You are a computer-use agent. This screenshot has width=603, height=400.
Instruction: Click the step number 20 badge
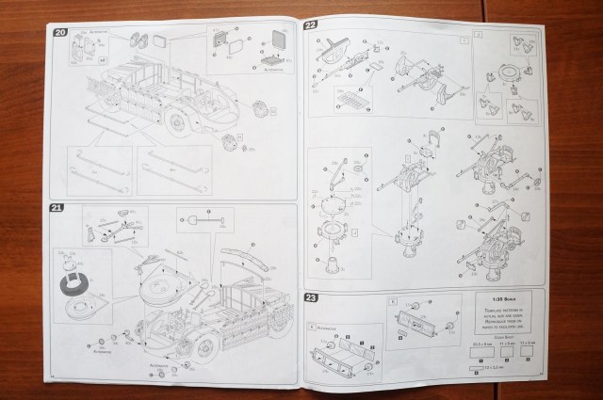point(60,33)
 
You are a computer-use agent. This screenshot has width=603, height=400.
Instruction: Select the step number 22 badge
point(311,24)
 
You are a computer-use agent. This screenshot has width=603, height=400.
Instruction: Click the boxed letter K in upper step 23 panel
point(393,301)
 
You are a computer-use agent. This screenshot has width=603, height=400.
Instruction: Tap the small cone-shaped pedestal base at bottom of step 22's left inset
point(333,264)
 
